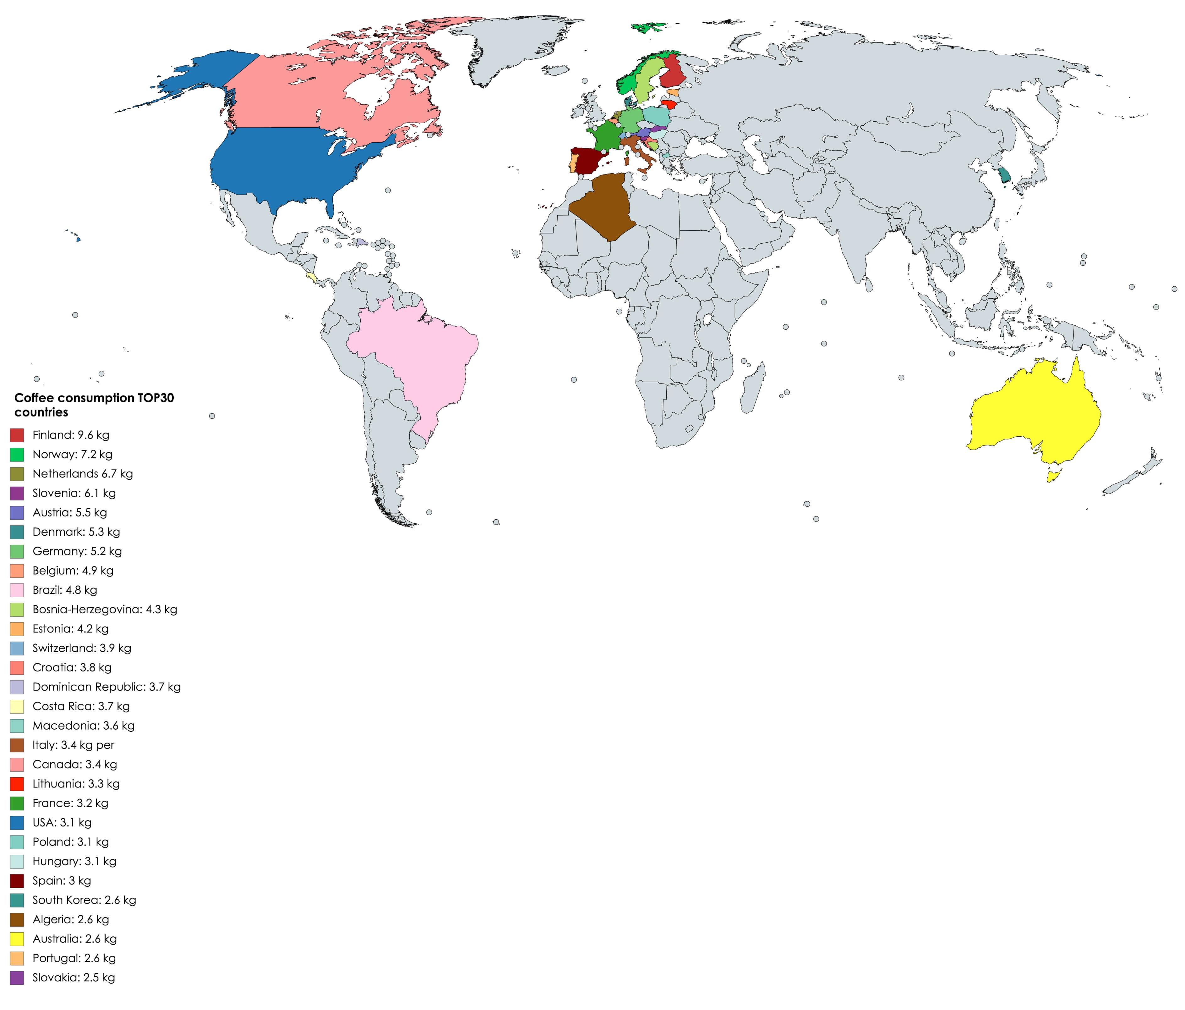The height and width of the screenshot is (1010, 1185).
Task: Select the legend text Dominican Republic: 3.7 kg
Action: pos(106,687)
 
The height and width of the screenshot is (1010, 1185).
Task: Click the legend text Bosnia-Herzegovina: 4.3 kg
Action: pos(105,610)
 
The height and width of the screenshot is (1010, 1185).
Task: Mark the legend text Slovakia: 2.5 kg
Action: pos(74,977)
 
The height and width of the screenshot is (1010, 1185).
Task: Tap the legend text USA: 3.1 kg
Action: pos(62,822)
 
